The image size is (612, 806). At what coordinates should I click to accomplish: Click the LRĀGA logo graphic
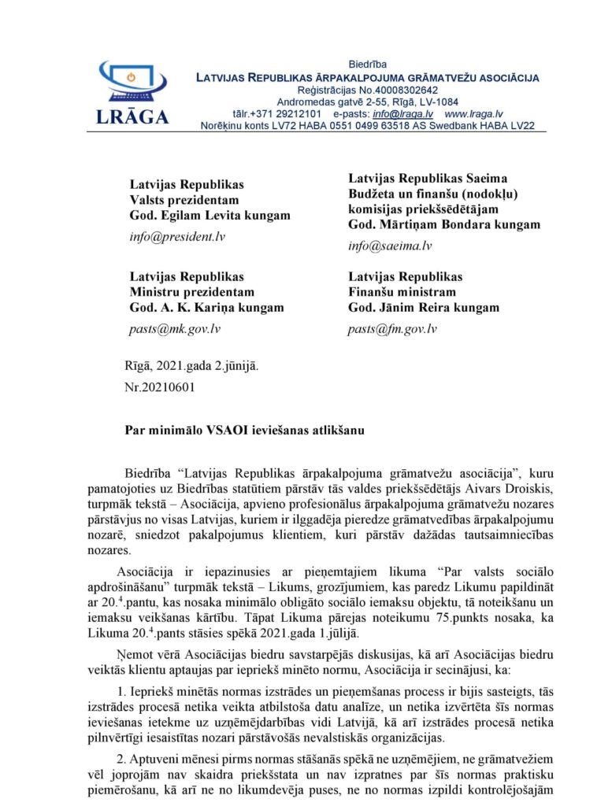click(x=132, y=92)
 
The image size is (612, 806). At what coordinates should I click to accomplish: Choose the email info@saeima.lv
click(x=390, y=246)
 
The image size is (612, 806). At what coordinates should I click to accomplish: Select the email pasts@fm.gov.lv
click(x=392, y=328)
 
